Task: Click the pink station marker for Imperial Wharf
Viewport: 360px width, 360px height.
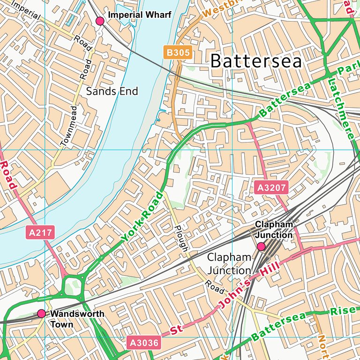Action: [100, 21]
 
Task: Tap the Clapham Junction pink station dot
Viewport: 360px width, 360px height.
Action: [261, 247]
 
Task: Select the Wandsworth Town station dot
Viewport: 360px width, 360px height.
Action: [42, 313]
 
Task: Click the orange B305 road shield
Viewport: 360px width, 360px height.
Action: [178, 52]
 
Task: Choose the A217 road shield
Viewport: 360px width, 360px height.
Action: [41, 232]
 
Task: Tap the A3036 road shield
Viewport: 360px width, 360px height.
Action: [143, 343]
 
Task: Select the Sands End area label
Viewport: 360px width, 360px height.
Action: [112, 91]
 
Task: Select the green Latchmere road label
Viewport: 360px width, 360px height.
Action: [341, 109]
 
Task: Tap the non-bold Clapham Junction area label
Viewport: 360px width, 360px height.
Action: [229, 264]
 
